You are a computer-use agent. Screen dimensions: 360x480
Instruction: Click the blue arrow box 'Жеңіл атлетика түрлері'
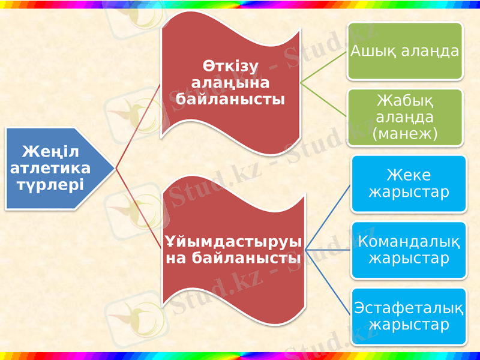pos(54,168)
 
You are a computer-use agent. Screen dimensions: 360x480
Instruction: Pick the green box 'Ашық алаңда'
pos(405,51)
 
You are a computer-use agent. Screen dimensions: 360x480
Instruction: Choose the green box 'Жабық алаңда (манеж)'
pos(405,117)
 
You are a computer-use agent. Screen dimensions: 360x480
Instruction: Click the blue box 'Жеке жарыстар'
pos(409,184)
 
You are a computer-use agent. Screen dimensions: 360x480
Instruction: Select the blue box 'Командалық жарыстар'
pos(409,250)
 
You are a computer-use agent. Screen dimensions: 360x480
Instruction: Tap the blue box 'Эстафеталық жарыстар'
pos(409,316)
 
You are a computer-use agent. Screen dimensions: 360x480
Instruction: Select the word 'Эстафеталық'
pos(409,308)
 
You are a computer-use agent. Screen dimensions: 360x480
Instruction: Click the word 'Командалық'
pos(409,242)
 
